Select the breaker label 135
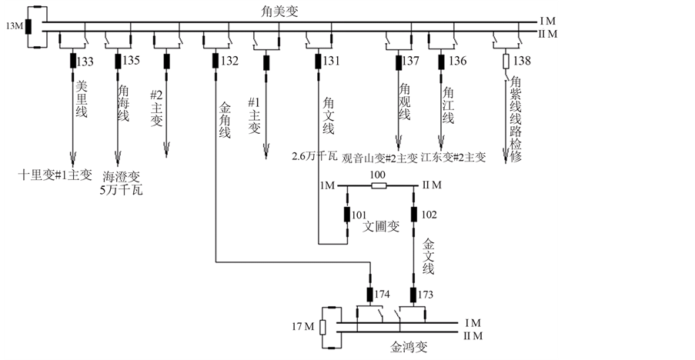coord(132,61)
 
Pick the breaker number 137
coord(412,61)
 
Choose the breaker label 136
coord(457,61)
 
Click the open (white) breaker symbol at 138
coord(506,60)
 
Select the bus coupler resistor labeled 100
coord(378,185)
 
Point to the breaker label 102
coord(429,214)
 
